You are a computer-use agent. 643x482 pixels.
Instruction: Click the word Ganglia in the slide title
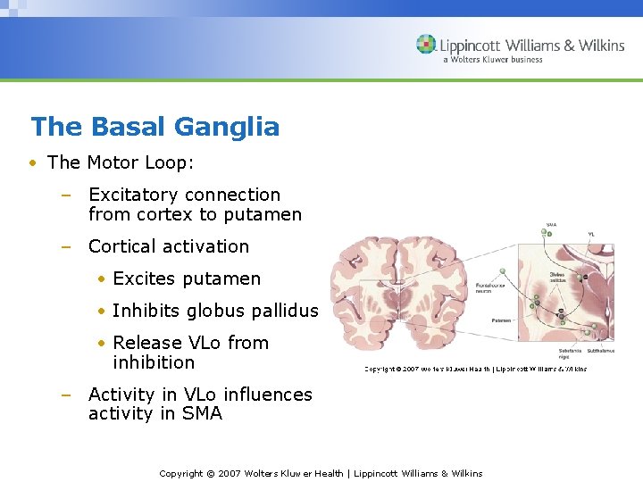[x=227, y=127]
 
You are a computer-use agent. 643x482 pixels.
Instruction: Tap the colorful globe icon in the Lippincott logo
[x=426, y=45]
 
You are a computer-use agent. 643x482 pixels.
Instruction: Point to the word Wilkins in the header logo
[x=599, y=46]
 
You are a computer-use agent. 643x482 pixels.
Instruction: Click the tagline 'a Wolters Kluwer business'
[x=492, y=60]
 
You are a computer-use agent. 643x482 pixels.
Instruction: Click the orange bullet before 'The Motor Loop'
[x=33, y=162]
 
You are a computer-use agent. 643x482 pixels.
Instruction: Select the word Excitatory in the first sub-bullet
[x=135, y=195]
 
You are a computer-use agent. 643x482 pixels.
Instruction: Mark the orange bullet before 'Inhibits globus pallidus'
[x=103, y=311]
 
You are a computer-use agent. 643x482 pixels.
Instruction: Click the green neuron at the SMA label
[x=545, y=232]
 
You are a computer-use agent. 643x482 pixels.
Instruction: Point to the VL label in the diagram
[x=591, y=234]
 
